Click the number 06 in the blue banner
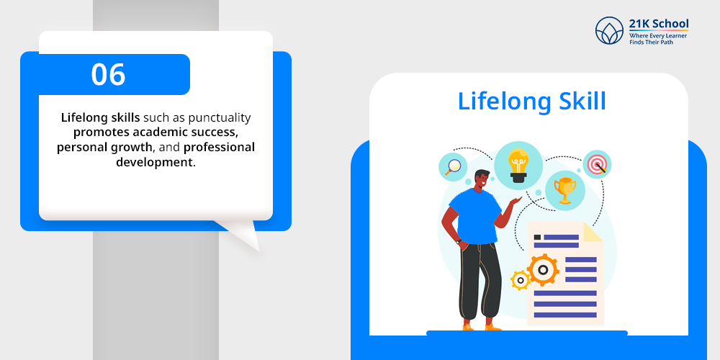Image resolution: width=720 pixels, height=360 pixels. [108, 74]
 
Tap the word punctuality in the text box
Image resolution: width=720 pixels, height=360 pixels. [220, 119]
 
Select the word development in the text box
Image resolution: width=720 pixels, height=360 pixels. [154, 162]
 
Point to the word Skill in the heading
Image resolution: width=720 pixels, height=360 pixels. [582, 101]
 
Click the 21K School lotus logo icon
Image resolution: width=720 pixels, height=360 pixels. [609, 30]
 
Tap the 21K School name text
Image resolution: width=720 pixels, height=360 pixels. [659, 24]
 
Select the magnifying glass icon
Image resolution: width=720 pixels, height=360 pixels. [453, 166]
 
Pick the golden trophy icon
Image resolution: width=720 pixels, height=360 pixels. [564, 190]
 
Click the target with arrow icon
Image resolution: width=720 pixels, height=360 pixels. [598, 164]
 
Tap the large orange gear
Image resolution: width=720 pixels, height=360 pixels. [543, 270]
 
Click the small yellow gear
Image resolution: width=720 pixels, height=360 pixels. [521, 280]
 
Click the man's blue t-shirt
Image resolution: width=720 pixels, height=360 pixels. [474, 215]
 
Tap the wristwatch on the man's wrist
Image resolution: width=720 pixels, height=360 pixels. [458, 240]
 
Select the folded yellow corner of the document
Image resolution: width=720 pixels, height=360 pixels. [593, 232]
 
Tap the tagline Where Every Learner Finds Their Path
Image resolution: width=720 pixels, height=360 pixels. [658, 39]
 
